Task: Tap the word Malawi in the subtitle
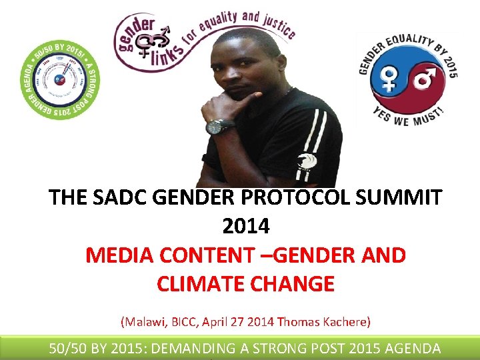(x=141, y=321)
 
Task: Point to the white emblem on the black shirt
(x=307, y=161)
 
